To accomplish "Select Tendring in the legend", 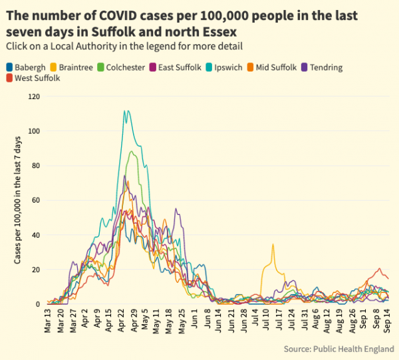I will [326, 67].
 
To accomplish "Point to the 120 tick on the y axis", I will [34, 97].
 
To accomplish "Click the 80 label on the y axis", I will [36, 166].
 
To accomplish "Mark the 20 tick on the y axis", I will [36, 270].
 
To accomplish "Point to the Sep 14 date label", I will [388, 320].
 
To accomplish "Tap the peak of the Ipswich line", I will [126, 111].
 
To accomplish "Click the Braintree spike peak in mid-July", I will [272, 244].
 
